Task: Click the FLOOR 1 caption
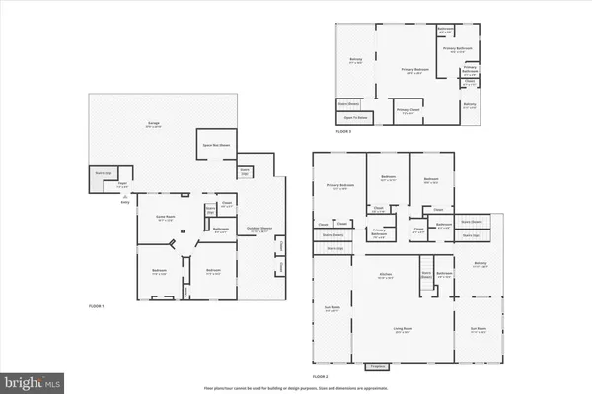pos(96,306)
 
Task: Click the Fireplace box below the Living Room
pos(375,365)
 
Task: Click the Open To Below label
pos(355,117)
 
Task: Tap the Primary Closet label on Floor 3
pos(408,110)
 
